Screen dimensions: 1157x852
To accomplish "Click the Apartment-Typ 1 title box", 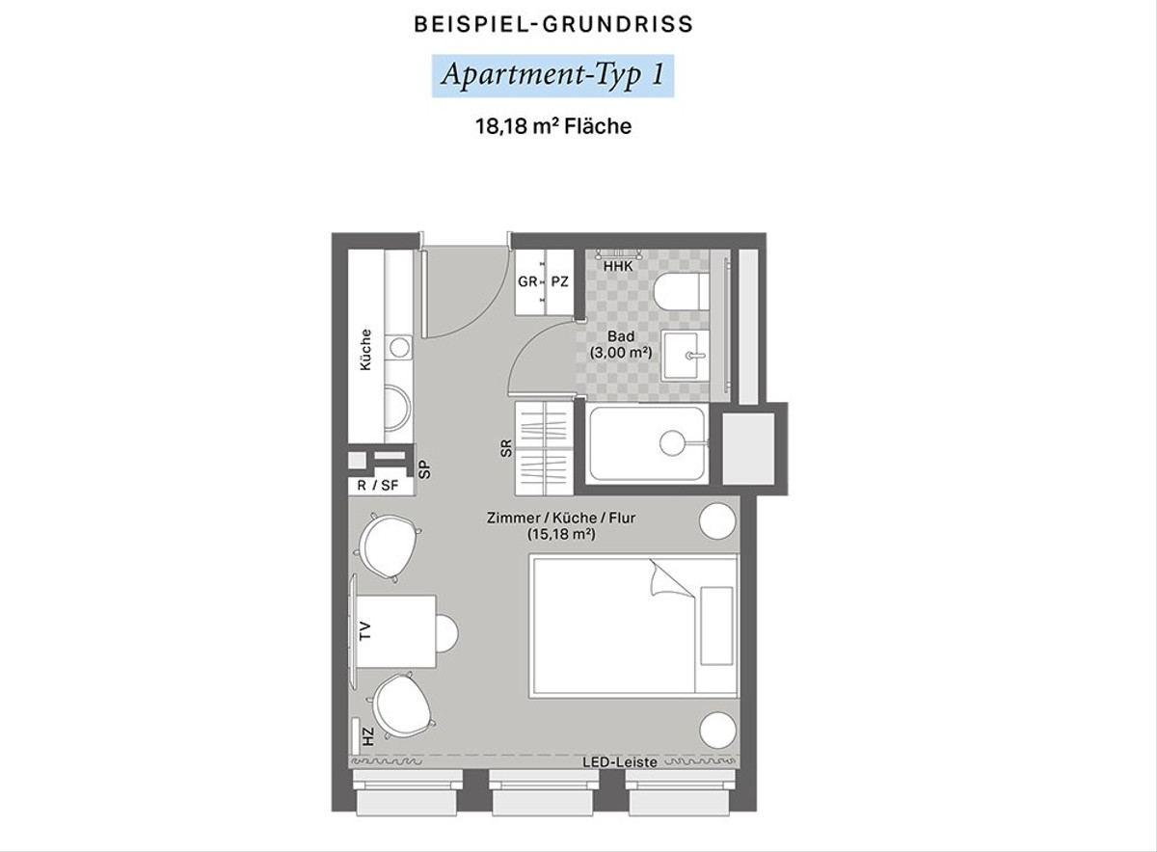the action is pos(552,76).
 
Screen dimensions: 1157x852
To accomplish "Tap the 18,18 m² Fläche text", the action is pos(553,126).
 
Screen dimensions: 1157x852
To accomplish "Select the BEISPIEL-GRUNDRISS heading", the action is pos(553,24).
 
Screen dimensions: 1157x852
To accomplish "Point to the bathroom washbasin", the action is pos(684,356).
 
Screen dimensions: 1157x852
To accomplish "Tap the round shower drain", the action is pos(672,443).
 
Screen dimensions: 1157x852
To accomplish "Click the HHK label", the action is pos(618,266).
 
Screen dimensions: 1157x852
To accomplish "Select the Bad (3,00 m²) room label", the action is pos(621,344).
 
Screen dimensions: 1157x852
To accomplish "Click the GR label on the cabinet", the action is pos(527,281).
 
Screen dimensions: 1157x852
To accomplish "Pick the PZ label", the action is pos(559,281).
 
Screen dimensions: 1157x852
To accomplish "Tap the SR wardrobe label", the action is pos(506,448).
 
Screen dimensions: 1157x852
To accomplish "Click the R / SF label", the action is pos(378,486).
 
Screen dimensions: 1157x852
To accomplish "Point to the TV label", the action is pos(365,631).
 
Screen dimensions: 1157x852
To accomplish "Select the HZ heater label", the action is pos(367,737).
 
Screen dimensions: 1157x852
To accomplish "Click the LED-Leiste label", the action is pos(620,762).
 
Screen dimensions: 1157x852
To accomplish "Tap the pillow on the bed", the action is pos(716,626).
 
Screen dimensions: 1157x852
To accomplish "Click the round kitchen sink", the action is pos(399,348).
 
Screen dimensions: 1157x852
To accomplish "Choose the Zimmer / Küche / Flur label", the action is pos(561,518).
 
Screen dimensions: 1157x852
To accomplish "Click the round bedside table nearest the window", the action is pos(717,730).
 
